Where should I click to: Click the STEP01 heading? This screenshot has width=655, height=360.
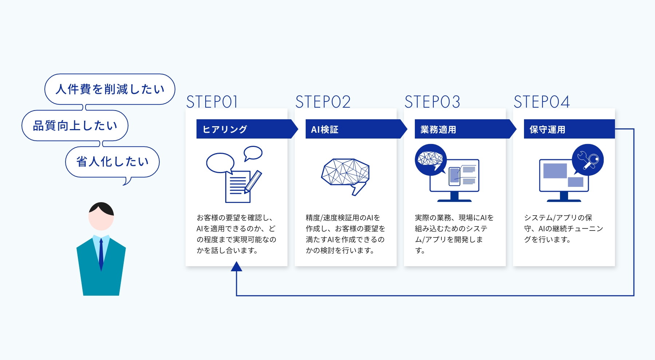tap(212, 102)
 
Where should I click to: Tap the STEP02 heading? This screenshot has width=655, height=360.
tap(323, 102)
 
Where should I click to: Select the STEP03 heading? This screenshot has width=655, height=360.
tap(432, 102)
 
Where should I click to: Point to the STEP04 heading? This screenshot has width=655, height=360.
tap(541, 102)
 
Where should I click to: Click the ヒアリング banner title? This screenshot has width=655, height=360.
tap(225, 129)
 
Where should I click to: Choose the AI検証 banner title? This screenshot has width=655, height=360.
tap(325, 129)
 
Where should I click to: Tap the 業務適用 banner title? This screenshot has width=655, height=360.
tap(438, 129)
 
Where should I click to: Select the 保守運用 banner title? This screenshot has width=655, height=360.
tap(547, 129)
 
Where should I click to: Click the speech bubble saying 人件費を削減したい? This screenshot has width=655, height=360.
tap(110, 89)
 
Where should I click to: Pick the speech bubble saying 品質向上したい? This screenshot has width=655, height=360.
tap(75, 126)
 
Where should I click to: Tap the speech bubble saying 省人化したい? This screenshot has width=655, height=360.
tap(112, 162)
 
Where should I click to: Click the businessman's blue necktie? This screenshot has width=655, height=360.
tap(101, 255)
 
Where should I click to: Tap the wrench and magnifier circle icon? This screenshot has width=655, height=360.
tap(588, 160)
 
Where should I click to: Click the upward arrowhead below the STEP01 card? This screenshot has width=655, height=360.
tap(237, 267)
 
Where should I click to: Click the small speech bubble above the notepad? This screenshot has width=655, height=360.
tap(253, 153)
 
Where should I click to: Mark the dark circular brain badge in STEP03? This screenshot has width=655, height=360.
tap(431, 160)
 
